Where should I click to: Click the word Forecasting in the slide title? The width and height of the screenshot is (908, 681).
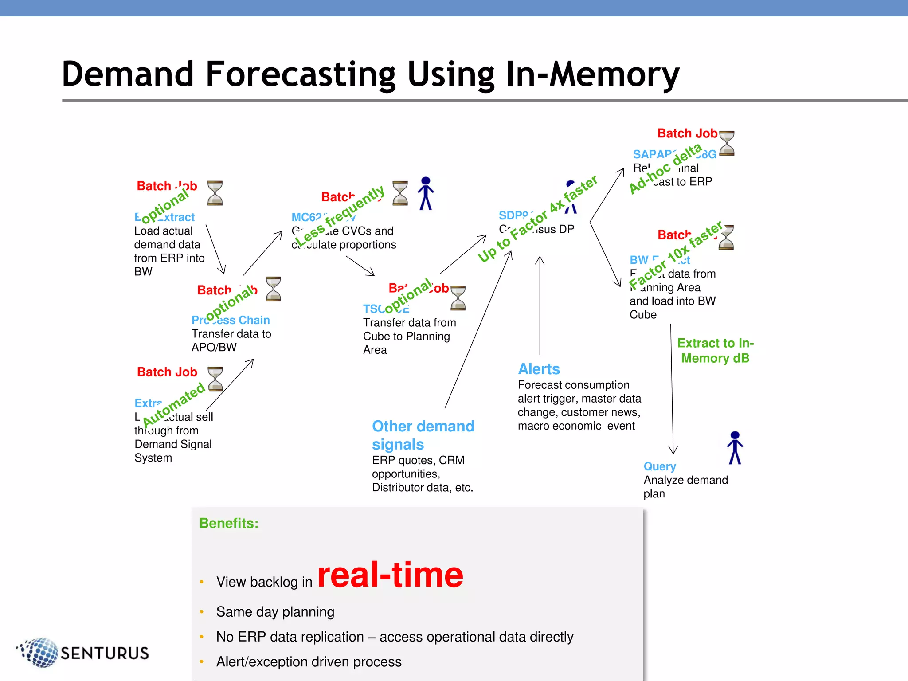click(x=301, y=74)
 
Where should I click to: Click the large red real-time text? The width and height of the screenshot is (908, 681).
click(x=390, y=575)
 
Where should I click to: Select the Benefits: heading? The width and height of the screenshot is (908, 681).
click(x=229, y=523)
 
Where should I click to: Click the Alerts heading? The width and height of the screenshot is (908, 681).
click(x=539, y=369)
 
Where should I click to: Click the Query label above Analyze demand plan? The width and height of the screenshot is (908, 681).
click(x=660, y=466)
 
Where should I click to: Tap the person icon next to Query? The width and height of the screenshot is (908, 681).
click(x=735, y=448)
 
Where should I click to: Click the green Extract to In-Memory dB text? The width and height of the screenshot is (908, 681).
click(x=715, y=350)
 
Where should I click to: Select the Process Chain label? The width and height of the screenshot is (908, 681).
click(x=231, y=320)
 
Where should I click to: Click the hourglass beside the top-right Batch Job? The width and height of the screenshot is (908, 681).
click(x=727, y=143)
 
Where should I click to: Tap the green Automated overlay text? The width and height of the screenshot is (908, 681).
click(x=174, y=404)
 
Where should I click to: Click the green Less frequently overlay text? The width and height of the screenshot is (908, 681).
click(x=340, y=215)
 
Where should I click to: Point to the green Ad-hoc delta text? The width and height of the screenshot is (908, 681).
click(x=665, y=168)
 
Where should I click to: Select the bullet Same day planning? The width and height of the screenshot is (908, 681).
click(x=275, y=612)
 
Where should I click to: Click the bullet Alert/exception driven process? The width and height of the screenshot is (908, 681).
click(x=309, y=662)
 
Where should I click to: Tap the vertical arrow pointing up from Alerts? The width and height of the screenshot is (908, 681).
click(x=540, y=306)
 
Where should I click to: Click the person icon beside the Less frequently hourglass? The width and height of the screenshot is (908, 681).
click(x=426, y=193)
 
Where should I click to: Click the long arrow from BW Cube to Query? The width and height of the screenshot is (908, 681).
click(x=672, y=390)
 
